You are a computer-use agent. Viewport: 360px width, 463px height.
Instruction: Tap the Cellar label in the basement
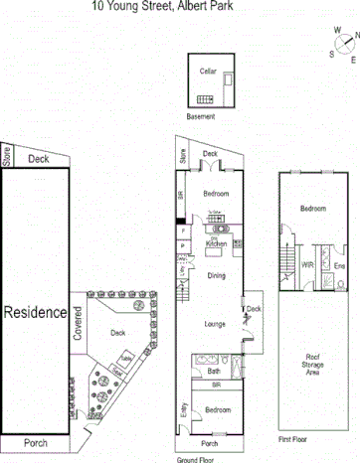(x=208, y=71)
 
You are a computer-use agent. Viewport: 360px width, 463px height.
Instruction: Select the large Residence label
(x=35, y=312)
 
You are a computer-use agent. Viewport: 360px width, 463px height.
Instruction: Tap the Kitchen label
(x=217, y=243)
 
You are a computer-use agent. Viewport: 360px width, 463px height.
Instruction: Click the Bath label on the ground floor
(x=214, y=371)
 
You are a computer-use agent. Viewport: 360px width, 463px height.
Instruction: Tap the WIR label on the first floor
(x=307, y=265)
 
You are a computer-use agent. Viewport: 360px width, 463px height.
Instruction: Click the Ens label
(x=338, y=265)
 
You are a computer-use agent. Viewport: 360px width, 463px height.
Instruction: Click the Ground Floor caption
(x=196, y=458)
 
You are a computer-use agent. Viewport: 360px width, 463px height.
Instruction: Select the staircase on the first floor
(x=285, y=263)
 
